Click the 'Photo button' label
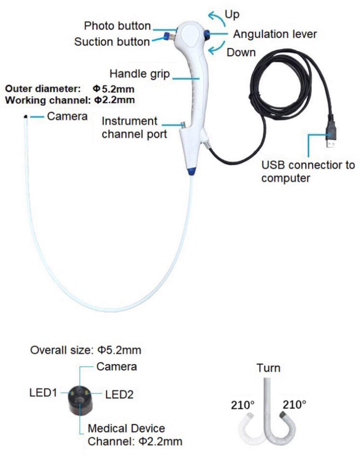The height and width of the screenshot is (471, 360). (x=117, y=26)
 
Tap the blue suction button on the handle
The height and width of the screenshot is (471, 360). (x=166, y=36)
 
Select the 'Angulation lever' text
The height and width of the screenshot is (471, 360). (x=275, y=34)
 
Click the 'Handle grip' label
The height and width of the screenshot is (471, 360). (x=140, y=74)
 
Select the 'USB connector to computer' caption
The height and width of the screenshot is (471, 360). (x=308, y=171)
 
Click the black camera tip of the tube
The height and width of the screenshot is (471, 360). (x=25, y=117)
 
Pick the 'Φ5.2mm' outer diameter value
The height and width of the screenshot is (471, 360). (x=113, y=89)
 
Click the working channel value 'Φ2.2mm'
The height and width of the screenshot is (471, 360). (x=114, y=100)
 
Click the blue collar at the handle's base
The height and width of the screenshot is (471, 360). (x=191, y=171)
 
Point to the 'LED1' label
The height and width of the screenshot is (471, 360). (x=43, y=393)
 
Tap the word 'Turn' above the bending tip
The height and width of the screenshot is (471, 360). (x=268, y=368)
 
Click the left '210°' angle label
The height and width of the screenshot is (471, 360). (x=243, y=405)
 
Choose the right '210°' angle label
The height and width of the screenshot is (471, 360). (x=294, y=405)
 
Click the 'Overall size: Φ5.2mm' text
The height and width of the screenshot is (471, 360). (x=85, y=350)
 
